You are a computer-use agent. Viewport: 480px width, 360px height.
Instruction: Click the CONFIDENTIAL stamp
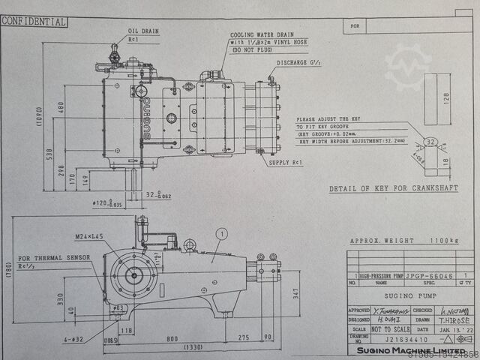34,22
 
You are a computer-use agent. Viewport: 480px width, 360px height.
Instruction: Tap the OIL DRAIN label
142,31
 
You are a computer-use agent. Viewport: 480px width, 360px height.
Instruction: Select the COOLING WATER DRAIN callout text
262,34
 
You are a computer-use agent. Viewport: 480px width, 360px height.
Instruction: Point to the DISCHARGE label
300,63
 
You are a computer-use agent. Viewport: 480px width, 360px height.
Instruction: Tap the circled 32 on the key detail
430,141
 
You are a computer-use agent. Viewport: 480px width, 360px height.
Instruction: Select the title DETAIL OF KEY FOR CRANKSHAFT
393,188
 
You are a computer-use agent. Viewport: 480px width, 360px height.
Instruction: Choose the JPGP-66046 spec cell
427,276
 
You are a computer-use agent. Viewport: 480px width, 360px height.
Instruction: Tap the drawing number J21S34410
388,338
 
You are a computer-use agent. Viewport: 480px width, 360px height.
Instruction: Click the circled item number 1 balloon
220,233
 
